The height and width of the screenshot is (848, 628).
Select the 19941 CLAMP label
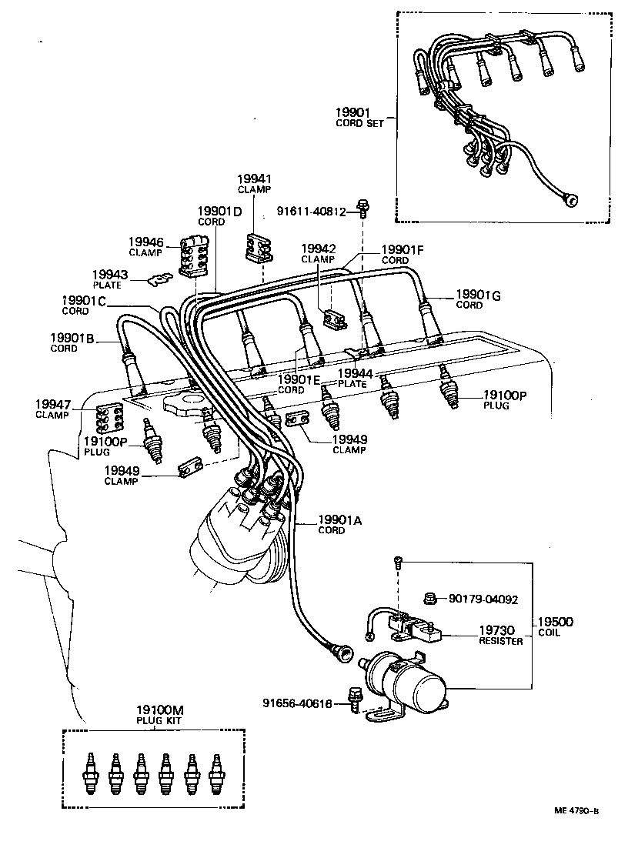(x=254, y=183)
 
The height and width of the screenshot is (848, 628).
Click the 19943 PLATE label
(x=109, y=279)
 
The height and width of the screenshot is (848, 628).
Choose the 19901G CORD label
(x=474, y=299)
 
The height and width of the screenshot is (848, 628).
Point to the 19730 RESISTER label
(x=500, y=634)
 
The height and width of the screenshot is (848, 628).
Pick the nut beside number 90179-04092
(x=433, y=598)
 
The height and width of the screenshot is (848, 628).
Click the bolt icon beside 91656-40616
(x=356, y=699)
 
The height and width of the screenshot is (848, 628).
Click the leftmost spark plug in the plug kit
(x=90, y=771)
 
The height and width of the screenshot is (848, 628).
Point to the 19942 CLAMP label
(x=317, y=253)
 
